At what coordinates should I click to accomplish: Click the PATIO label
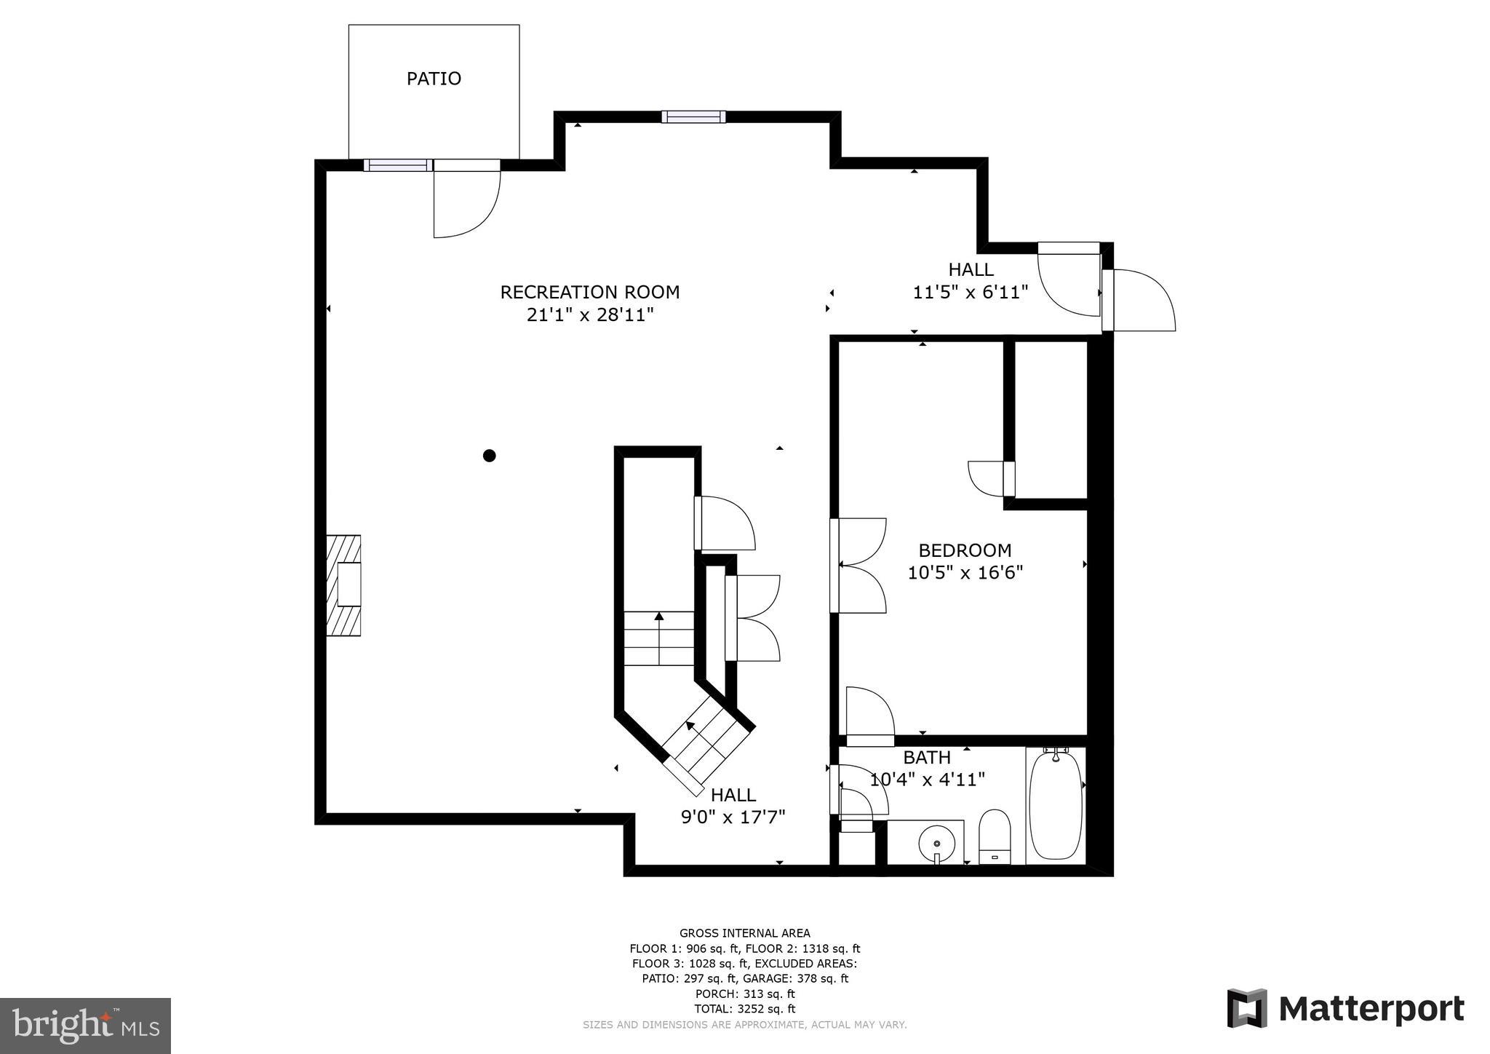[x=434, y=79]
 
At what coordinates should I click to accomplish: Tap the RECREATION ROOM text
[x=589, y=292]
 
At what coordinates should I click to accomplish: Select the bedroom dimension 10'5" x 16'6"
[x=965, y=573]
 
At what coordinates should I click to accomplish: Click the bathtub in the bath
[x=1056, y=806]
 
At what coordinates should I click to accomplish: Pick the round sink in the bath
[x=936, y=844]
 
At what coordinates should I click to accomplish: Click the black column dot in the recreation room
[x=490, y=456]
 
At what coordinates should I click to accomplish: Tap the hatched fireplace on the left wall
[x=343, y=585]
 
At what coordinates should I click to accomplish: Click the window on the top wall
[x=693, y=116]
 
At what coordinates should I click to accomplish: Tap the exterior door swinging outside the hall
[x=1141, y=300]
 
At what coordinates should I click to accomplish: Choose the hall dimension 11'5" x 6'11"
[x=970, y=293]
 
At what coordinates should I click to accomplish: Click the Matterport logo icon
[x=1247, y=1008]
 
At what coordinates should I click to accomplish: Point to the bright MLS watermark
[x=86, y=1026]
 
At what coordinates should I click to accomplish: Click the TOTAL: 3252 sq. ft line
[x=744, y=1009]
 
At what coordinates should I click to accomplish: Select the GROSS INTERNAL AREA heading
[x=744, y=933]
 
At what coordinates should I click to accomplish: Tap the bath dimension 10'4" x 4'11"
[x=928, y=780]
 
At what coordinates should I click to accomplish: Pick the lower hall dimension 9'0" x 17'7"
[x=733, y=817]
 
